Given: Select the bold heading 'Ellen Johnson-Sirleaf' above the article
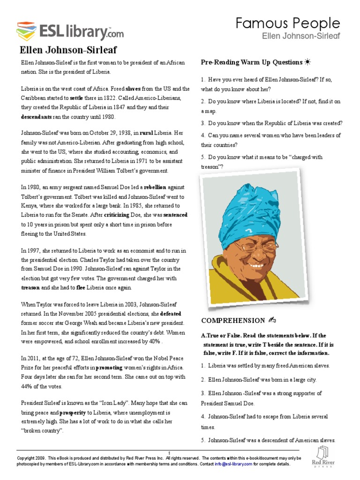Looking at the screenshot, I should click(x=68, y=51).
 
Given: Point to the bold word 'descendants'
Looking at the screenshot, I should click(x=39, y=117).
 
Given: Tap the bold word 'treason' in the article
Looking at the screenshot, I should click(x=30, y=287).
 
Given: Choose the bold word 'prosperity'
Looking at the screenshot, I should click(x=72, y=413).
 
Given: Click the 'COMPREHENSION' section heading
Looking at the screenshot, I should click(x=233, y=321).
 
